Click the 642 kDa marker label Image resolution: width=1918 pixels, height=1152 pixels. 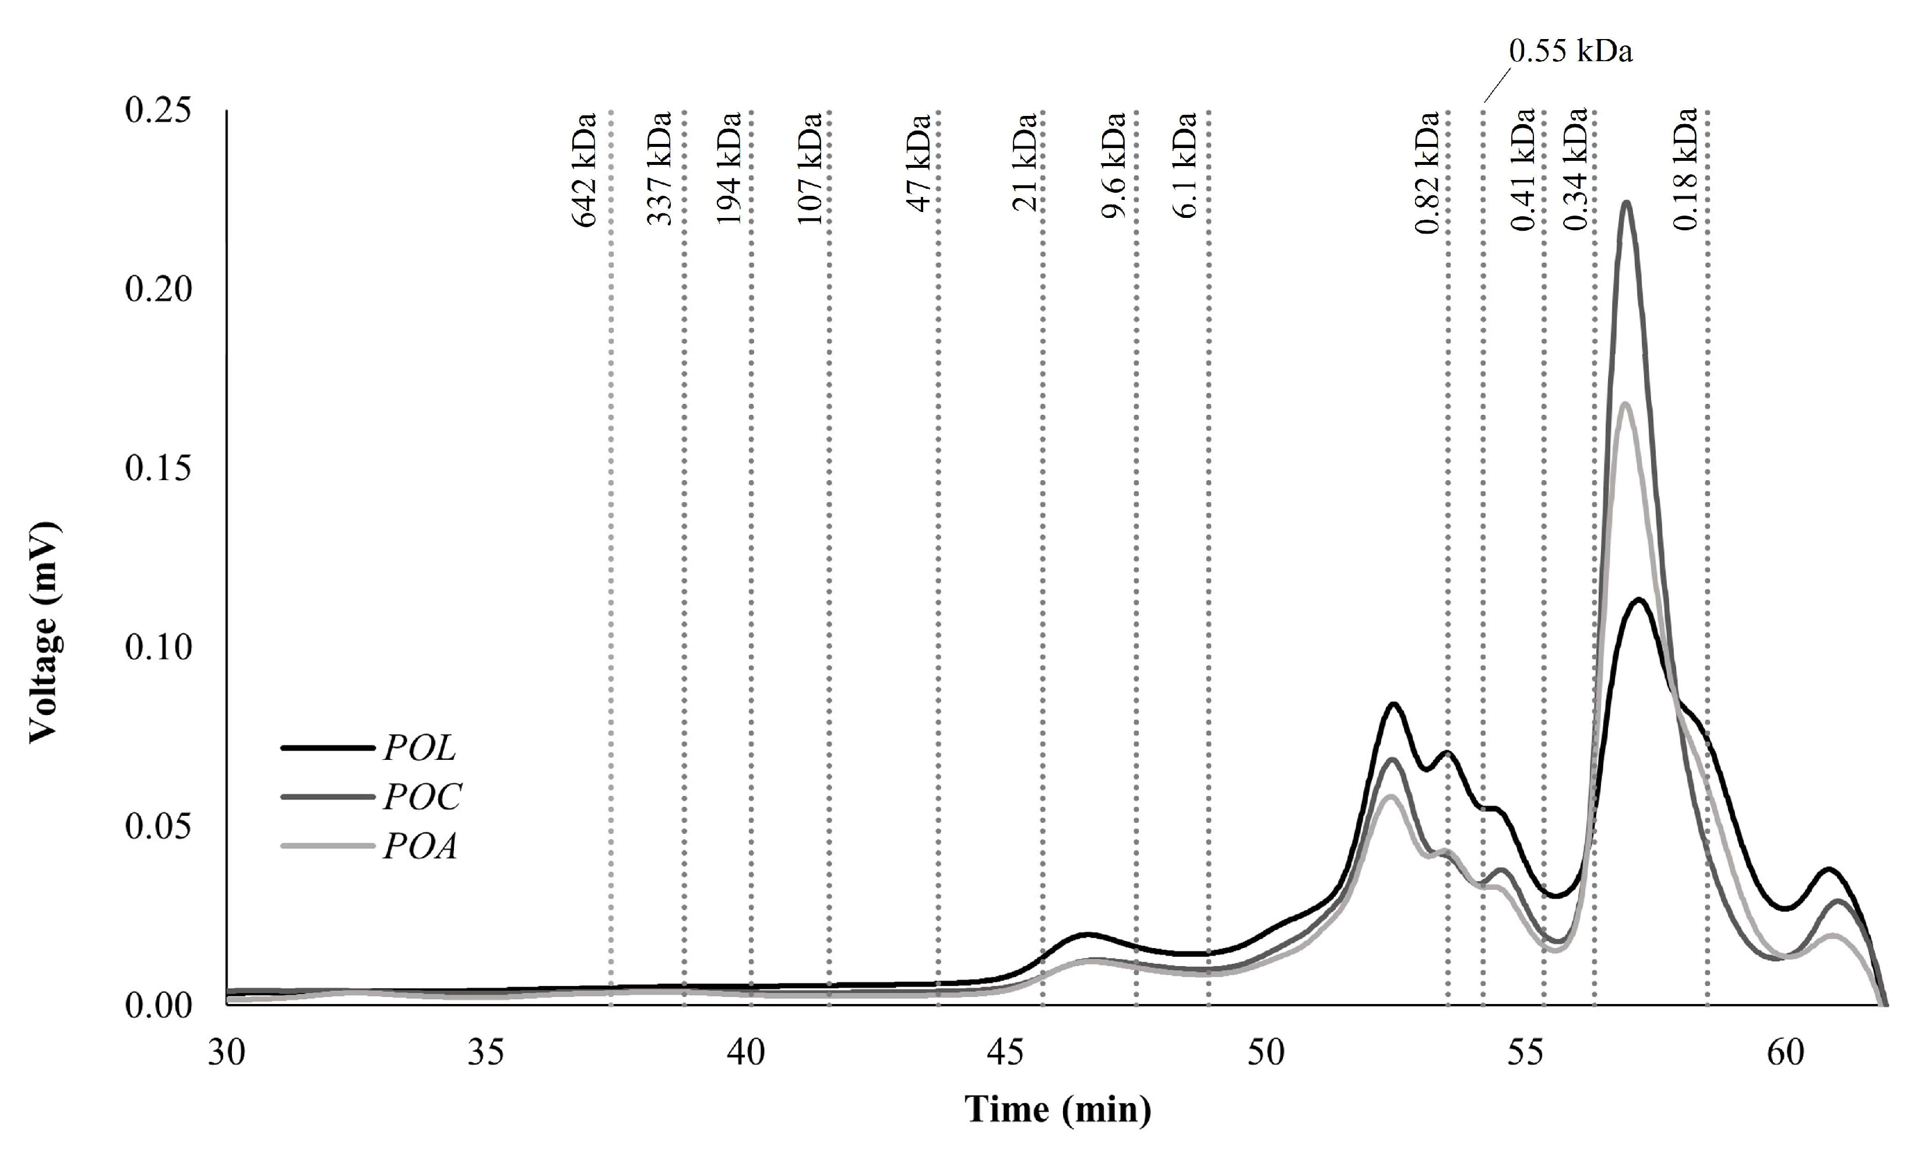[584, 170]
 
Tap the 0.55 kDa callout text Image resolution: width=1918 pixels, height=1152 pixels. [1570, 51]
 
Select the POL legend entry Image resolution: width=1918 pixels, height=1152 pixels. [419, 748]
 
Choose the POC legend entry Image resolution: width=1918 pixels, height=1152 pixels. [421, 797]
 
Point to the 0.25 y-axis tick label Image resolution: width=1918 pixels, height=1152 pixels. [157, 110]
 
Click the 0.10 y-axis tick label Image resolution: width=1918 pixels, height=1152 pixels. [157, 647]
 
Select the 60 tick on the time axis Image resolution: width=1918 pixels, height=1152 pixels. [1785, 1054]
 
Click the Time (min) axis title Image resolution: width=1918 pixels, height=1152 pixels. [1057, 1109]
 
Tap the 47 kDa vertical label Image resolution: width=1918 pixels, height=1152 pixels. [919, 163]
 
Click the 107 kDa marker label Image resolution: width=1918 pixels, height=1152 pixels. [810, 168]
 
